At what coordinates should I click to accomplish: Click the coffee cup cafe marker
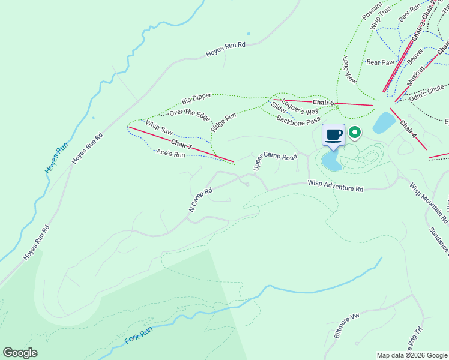click(334, 134)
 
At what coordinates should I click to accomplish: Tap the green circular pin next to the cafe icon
click(355, 131)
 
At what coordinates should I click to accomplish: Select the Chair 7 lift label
click(181, 144)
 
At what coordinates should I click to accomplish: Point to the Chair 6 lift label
click(323, 103)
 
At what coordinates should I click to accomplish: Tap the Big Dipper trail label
click(197, 99)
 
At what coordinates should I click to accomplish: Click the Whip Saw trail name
click(160, 127)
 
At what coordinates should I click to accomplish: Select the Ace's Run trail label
click(170, 154)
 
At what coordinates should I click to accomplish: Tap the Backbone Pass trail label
click(298, 121)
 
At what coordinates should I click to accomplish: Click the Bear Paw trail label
click(380, 62)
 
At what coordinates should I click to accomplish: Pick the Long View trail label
click(349, 70)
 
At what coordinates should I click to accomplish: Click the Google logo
click(20, 353)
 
